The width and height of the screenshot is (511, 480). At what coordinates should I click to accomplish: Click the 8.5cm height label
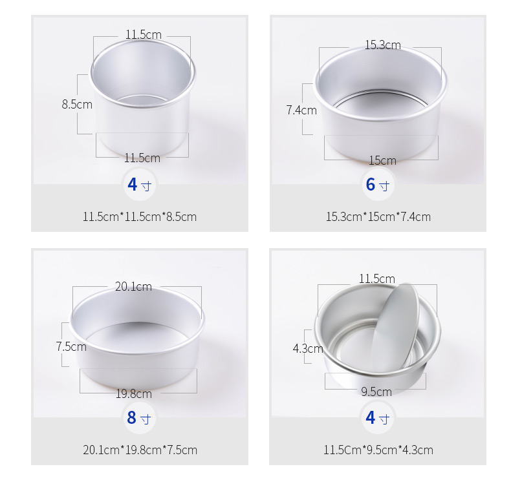(x=77, y=105)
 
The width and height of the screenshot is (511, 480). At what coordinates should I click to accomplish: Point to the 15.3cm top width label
(x=382, y=45)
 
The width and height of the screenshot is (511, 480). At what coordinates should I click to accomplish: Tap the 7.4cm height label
(x=301, y=110)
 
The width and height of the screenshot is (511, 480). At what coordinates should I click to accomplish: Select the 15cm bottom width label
(x=382, y=160)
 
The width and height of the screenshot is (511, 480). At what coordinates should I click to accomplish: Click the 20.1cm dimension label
(x=133, y=286)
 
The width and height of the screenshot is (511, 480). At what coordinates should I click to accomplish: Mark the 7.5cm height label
(x=71, y=346)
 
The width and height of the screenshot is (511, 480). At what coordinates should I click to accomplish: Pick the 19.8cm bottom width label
(x=134, y=394)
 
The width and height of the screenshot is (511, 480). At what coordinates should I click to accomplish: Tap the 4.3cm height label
(x=308, y=349)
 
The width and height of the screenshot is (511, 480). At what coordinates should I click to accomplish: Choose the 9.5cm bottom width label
(x=376, y=391)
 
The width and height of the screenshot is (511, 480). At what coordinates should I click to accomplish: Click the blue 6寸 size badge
(x=378, y=185)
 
